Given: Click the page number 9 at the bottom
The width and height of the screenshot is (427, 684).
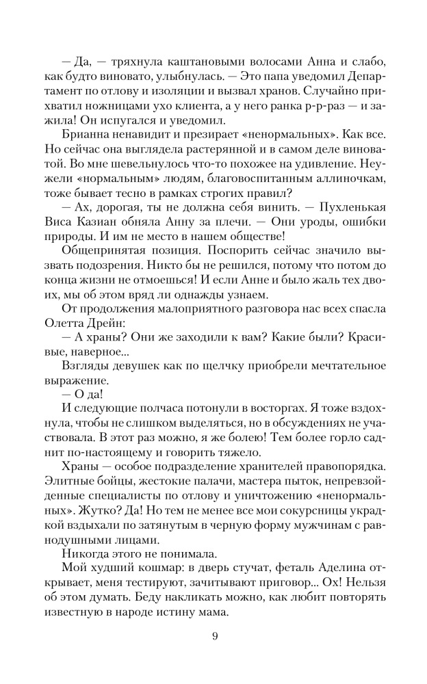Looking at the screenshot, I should coord(215,637).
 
